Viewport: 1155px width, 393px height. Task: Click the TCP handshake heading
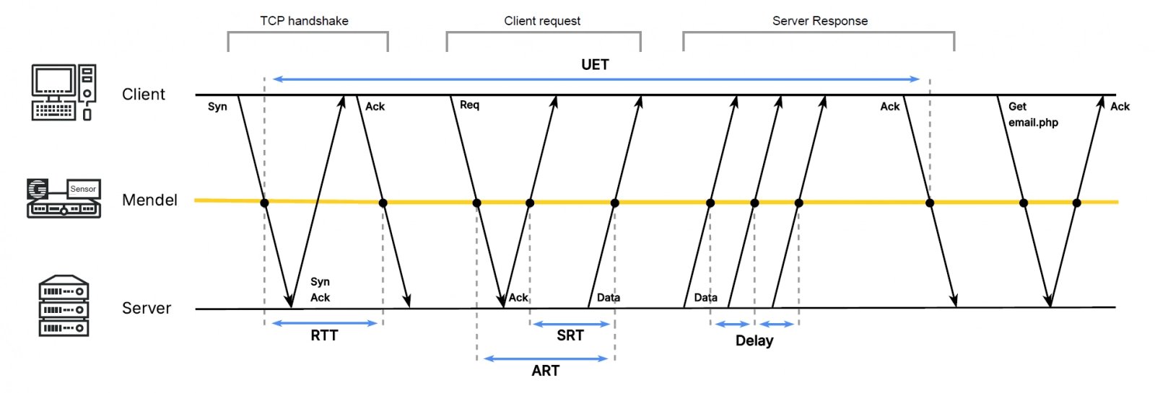click(304, 21)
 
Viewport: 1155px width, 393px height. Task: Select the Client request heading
click(542, 21)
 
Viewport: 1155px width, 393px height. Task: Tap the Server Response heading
click(820, 21)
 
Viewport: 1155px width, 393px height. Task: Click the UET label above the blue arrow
click(595, 65)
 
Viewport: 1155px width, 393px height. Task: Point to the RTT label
click(324, 335)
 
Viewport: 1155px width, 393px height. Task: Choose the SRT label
click(570, 335)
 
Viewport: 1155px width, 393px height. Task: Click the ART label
click(545, 371)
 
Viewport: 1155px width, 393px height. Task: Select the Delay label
click(754, 340)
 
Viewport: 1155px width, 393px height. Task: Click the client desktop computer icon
click(64, 92)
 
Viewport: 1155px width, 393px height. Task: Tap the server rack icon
click(64, 306)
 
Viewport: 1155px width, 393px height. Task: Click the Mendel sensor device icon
click(64, 198)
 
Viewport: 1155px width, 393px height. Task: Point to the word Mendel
click(149, 200)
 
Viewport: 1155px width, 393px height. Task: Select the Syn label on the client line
click(217, 107)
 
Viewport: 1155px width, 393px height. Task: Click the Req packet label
click(469, 105)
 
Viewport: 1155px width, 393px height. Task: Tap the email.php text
click(1033, 123)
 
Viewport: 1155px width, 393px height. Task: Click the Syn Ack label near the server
click(320, 289)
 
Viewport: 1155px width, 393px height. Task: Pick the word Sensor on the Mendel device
click(83, 189)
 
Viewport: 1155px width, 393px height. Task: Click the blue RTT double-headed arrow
click(325, 323)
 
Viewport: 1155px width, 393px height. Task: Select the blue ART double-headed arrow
click(546, 358)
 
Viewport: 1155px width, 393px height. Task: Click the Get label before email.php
click(1017, 107)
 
